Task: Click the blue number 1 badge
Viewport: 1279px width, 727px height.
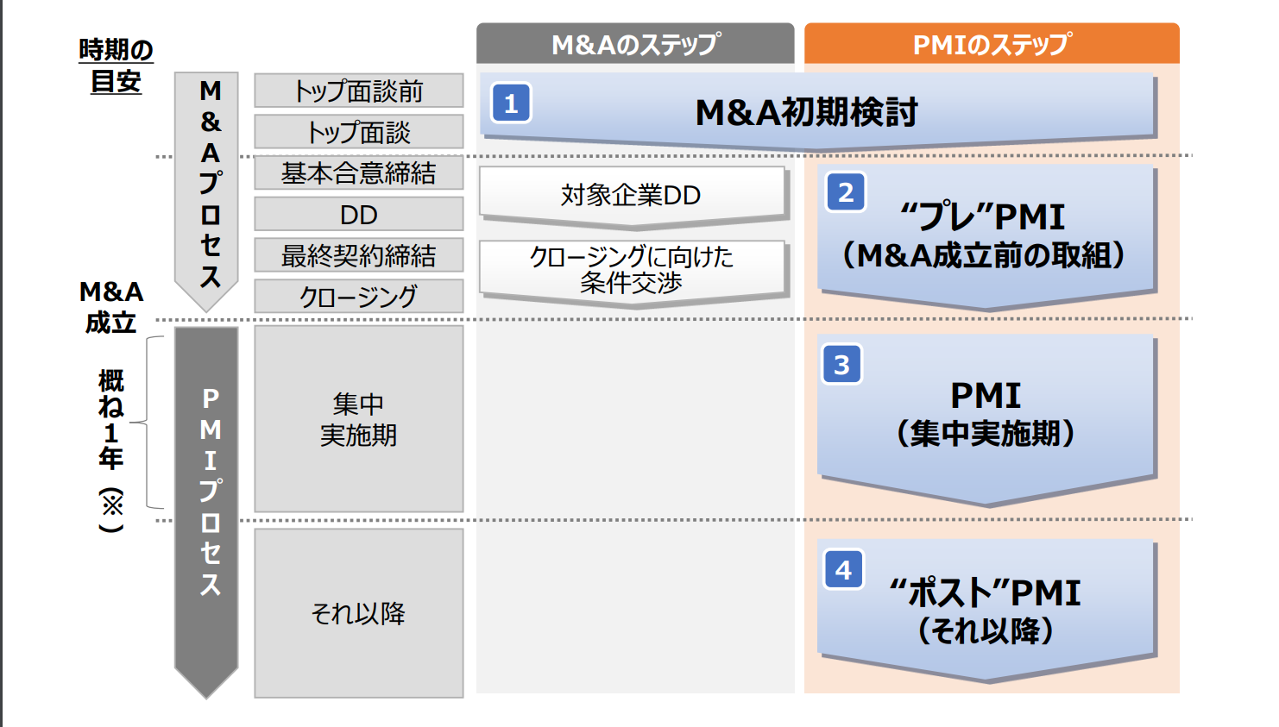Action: pyautogui.click(x=511, y=103)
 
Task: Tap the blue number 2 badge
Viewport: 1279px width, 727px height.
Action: pyautogui.click(x=846, y=192)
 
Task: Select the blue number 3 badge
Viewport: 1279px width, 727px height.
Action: pyautogui.click(x=842, y=364)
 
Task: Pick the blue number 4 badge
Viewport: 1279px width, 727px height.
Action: pyautogui.click(x=844, y=569)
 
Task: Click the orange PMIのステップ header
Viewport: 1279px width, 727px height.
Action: pyautogui.click(x=992, y=44)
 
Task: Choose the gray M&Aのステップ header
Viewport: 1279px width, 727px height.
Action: pyautogui.click(x=635, y=44)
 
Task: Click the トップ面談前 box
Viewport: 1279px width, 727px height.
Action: pyautogui.click(x=358, y=91)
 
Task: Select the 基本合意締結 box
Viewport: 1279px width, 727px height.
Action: pyautogui.click(x=358, y=172)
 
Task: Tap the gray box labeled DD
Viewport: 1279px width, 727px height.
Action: pyautogui.click(x=358, y=214)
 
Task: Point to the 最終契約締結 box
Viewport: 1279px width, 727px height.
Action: pyautogui.click(x=358, y=255)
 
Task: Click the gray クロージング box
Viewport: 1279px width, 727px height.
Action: pyautogui.click(x=358, y=296)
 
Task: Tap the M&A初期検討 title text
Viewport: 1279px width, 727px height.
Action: pyautogui.click(x=806, y=112)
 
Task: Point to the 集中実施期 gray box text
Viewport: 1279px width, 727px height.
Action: pyautogui.click(x=358, y=419)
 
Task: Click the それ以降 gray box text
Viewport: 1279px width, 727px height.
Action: pyautogui.click(x=358, y=613)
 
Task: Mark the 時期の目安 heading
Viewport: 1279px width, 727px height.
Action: pyautogui.click(x=116, y=65)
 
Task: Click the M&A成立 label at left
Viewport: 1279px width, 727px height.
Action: pyautogui.click(x=110, y=307)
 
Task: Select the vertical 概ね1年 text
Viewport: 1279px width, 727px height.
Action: pyautogui.click(x=110, y=420)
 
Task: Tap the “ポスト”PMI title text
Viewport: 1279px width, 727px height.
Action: pyautogui.click(x=985, y=592)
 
